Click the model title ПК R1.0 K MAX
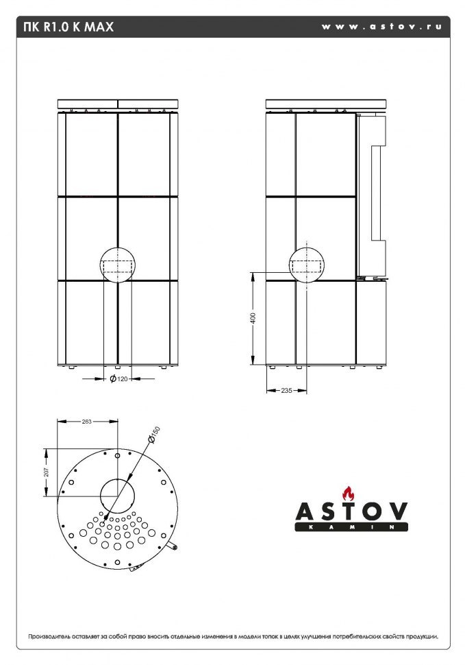point(68,27)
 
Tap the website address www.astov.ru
point(381,27)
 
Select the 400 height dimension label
point(253,319)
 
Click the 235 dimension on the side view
point(286,390)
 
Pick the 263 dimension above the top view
point(87,422)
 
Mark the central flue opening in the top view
point(118,495)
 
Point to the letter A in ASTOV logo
point(305,511)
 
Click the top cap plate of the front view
point(118,104)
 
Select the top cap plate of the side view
point(326,104)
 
